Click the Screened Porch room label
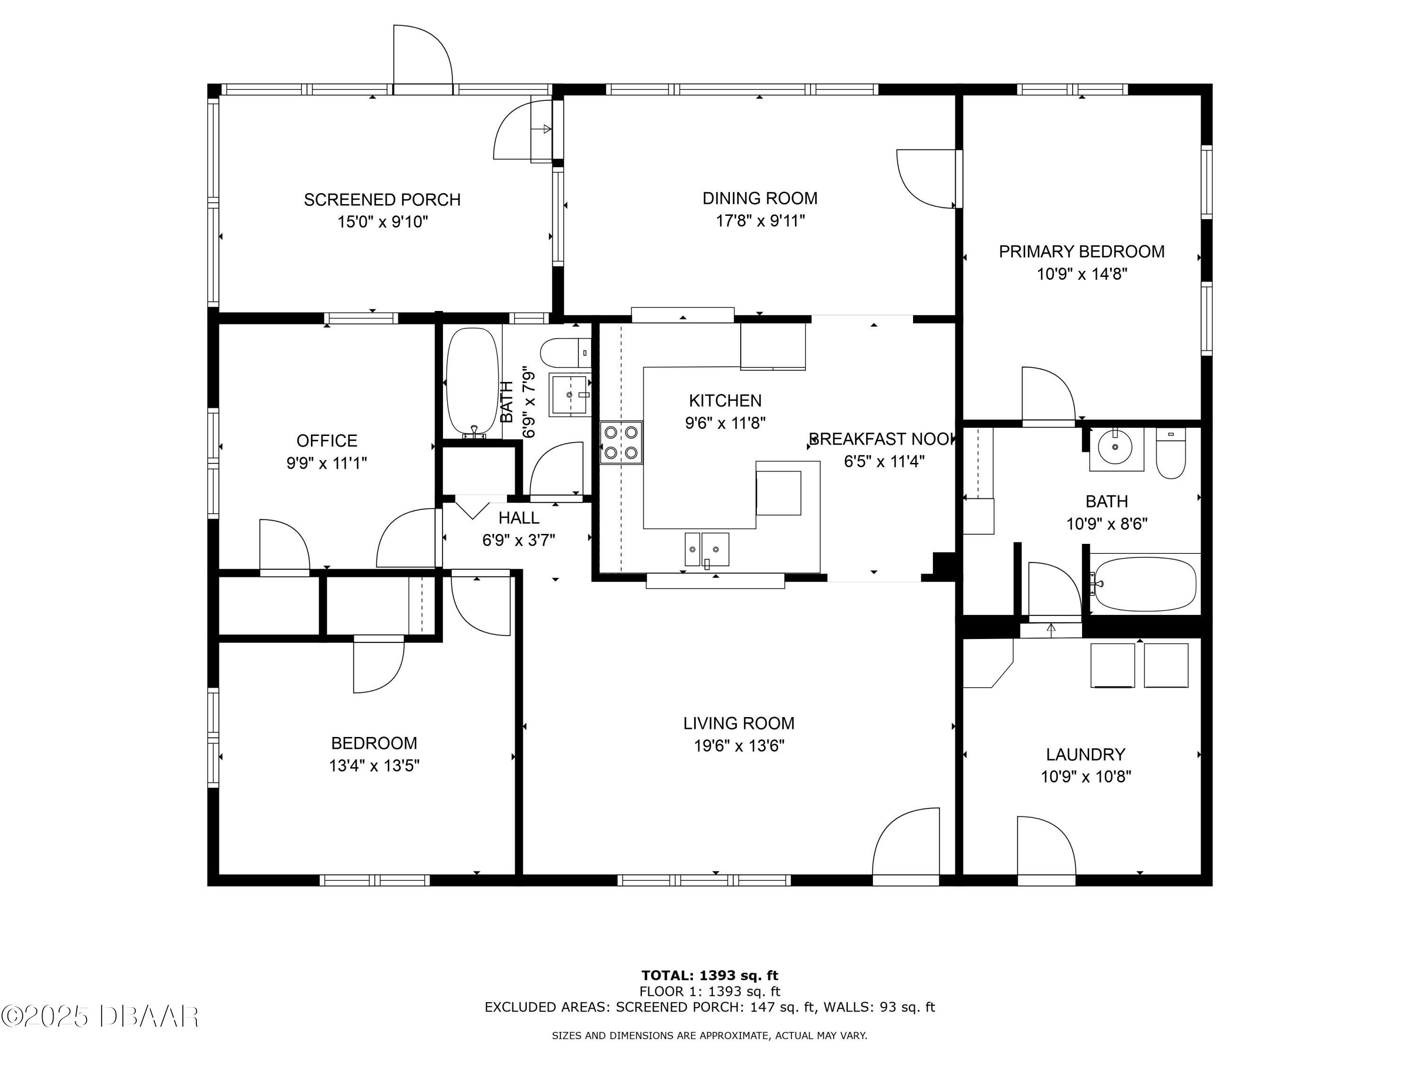coord(382,200)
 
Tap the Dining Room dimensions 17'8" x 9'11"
coord(760,221)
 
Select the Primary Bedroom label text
coord(1082,252)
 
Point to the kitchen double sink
coord(707,550)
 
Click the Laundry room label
coord(1085,754)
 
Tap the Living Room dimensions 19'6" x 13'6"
coord(739,746)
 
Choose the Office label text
coord(327,441)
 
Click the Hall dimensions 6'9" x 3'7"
coord(519,541)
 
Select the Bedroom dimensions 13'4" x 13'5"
coord(374,766)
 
